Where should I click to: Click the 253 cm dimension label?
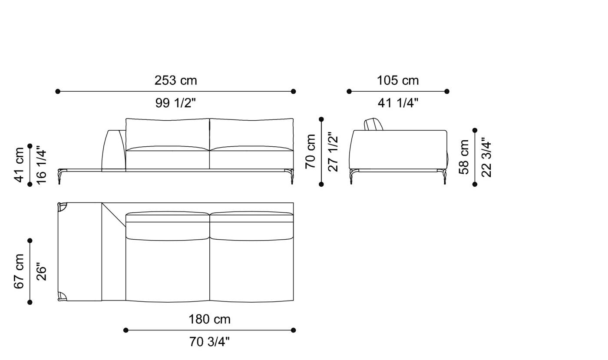(175, 81)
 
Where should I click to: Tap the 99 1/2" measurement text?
(175, 103)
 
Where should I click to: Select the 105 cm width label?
(398, 81)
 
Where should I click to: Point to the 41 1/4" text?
(398, 103)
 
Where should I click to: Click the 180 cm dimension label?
(209, 320)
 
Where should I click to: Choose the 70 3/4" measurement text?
(209, 342)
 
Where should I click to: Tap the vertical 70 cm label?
(311, 152)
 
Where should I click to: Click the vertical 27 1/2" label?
(333, 152)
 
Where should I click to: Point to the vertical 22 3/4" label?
(486, 157)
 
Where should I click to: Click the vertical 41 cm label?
(20, 165)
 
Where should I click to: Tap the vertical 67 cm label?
(20, 271)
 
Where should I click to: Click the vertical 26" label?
(42, 271)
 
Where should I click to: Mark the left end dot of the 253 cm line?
(58, 91)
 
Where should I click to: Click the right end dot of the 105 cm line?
(447, 91)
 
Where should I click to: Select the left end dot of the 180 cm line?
(126, 330)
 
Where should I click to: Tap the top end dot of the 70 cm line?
(321, 119)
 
